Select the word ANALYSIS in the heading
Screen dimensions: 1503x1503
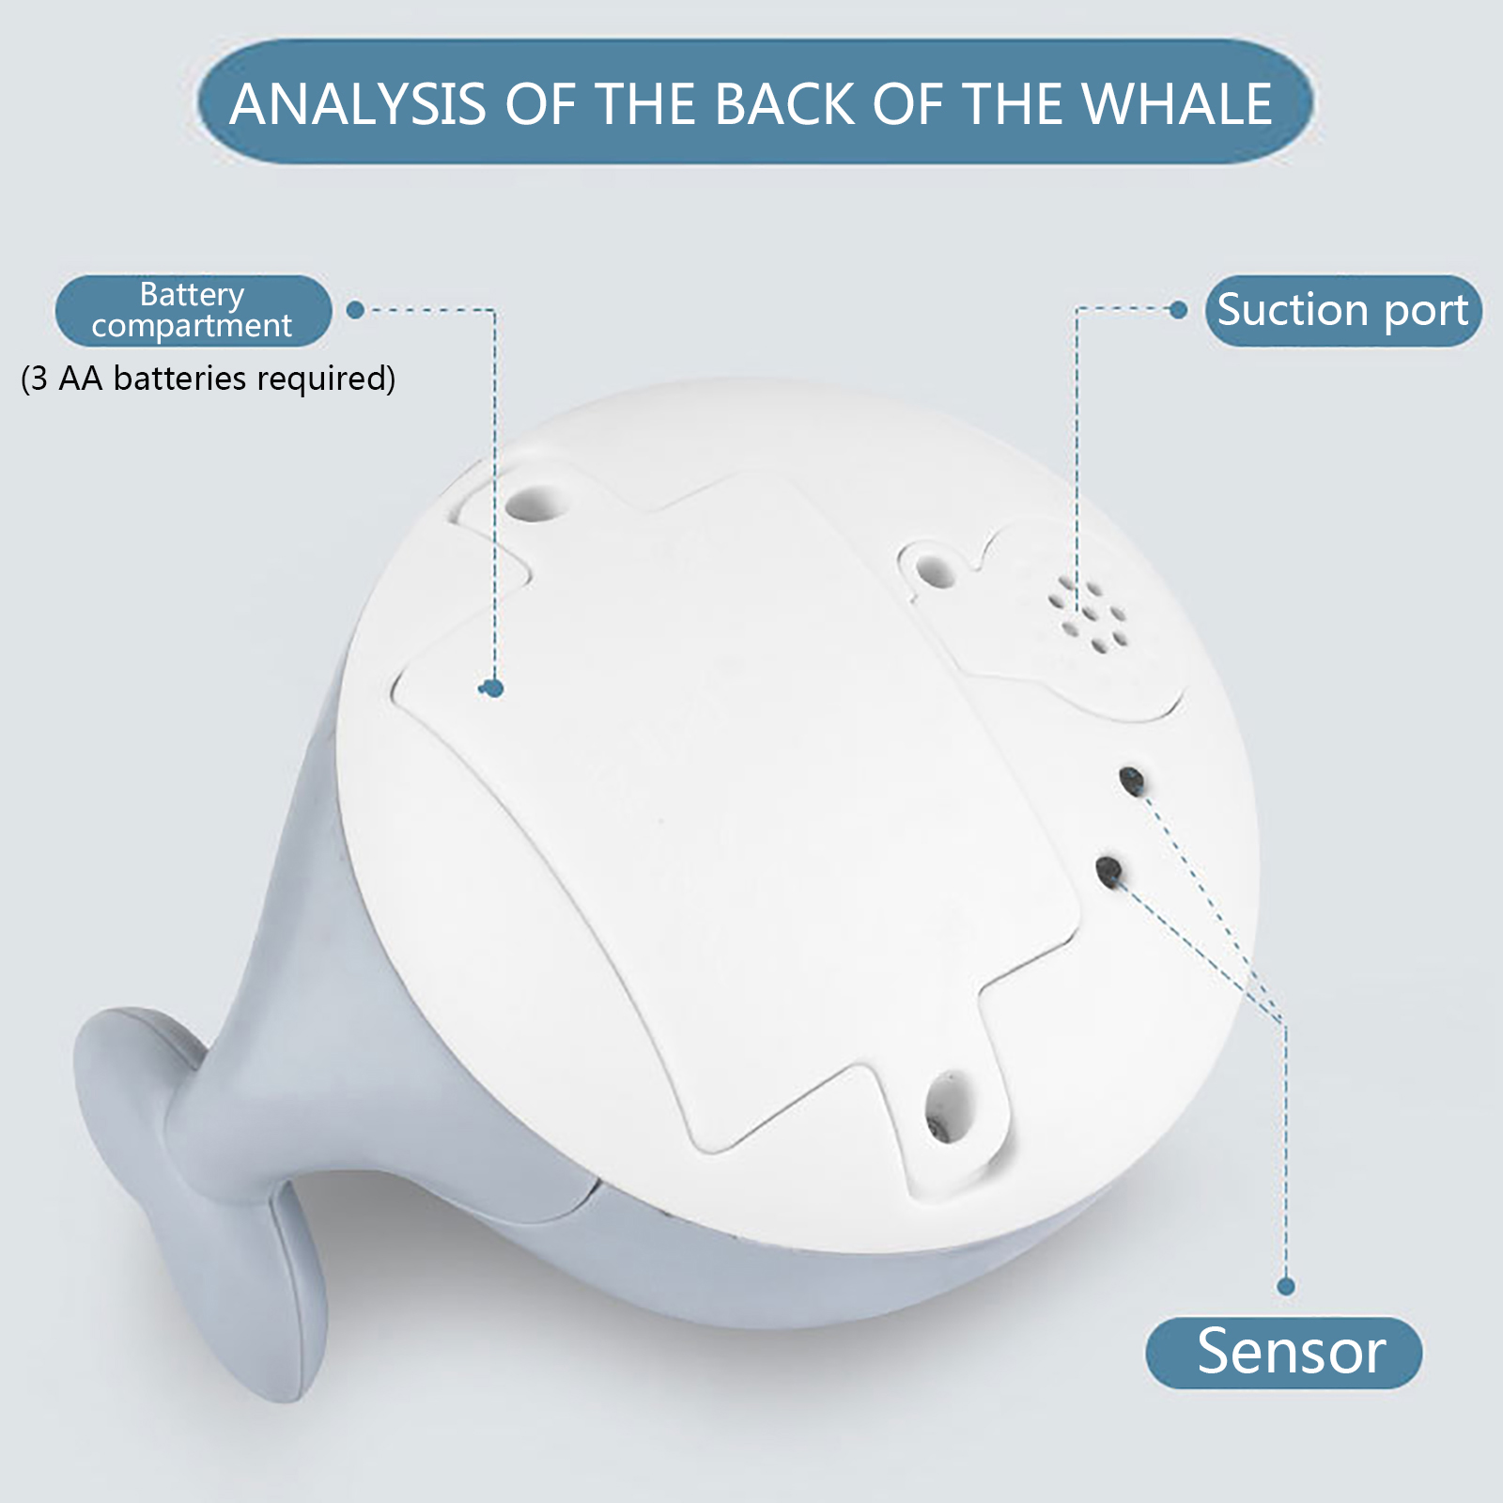(358, 103)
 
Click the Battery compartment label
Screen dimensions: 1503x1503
(193, 310)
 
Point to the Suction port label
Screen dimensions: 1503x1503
(1343, 310)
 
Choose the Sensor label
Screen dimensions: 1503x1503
(1283, 1353)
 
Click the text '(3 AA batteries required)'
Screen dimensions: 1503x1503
(209, 379)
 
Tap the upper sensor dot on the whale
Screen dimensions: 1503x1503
(1132, 780)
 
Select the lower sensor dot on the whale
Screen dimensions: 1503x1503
(1109, 871)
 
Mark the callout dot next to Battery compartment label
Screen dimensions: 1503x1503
(355, 310)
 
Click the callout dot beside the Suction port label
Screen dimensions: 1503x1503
(1179, 310)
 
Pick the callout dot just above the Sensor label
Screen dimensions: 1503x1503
(1286, 1287)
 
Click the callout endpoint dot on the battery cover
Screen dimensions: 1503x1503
(494, 689)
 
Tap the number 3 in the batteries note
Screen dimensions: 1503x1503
(39, 379)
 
